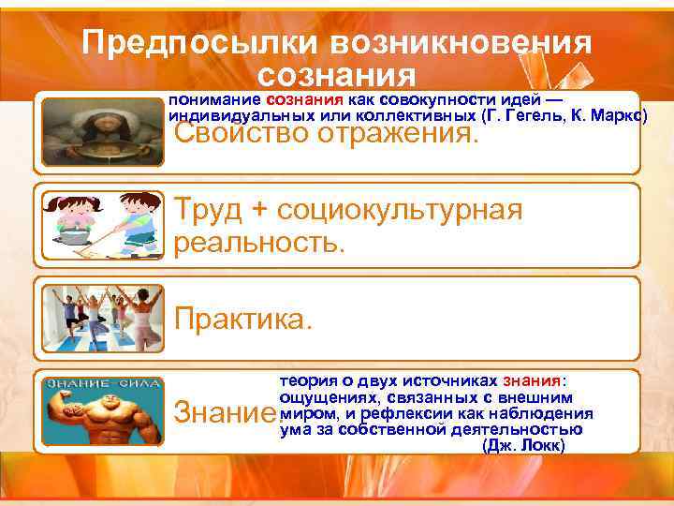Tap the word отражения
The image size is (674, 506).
403,136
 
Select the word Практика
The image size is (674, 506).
240,320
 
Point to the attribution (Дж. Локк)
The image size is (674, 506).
522,446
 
